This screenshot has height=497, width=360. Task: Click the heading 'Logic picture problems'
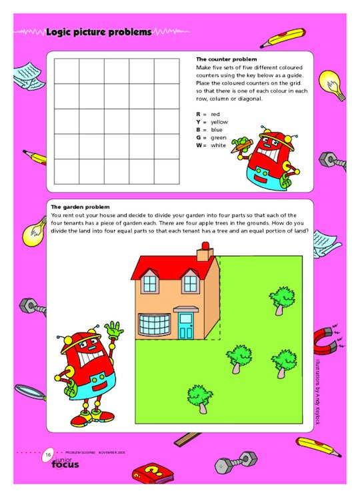coord(99,31)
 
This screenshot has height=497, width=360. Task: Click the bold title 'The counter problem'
coord(222,59)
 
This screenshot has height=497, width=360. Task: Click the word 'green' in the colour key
coord(219,137)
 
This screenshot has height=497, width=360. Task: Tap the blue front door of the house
coord(185,324)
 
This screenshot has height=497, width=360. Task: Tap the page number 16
coord(49,454)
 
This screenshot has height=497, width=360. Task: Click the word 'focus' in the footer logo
coord(65,464)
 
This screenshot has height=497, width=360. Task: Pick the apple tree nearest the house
coord(238,357)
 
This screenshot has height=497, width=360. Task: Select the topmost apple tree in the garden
coord(283,298)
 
